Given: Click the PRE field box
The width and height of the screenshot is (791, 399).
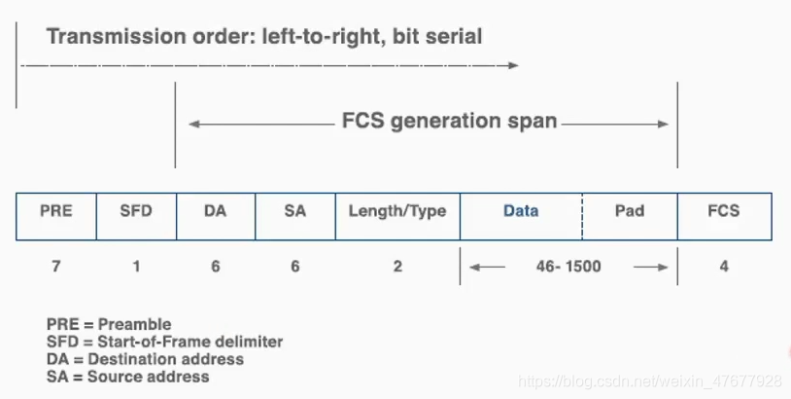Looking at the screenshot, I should coord(56,215).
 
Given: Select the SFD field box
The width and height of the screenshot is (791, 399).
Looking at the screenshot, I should coord(136,215).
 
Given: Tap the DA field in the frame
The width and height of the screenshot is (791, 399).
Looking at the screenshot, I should coord(216,215).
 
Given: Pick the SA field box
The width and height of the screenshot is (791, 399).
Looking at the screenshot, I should coord(295,215).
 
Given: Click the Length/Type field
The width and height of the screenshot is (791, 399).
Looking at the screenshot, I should coord(397,215).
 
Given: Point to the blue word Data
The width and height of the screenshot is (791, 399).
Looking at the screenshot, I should coord(521,210).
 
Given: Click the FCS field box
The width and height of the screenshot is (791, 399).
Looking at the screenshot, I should coord(724,215).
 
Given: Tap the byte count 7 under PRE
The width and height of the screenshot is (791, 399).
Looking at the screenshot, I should coord(56,267).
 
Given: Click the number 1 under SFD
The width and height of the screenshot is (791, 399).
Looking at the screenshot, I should coord(136,267).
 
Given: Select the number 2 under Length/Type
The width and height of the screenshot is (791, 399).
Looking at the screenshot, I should coord(397,267).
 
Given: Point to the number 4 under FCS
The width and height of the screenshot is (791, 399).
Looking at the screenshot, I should coord(724,267).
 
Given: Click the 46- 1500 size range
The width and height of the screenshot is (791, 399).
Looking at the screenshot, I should coord(568,267).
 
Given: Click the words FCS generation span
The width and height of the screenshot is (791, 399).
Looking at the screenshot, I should coord(450,122).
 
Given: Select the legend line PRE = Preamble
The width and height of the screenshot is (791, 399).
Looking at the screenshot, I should coord(109,324).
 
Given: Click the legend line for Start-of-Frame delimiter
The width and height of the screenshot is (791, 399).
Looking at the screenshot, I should coord(164,342).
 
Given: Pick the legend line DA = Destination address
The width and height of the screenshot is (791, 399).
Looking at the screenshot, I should coord(145,359).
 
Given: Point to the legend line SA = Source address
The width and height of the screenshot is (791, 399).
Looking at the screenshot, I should coord(127,376).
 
